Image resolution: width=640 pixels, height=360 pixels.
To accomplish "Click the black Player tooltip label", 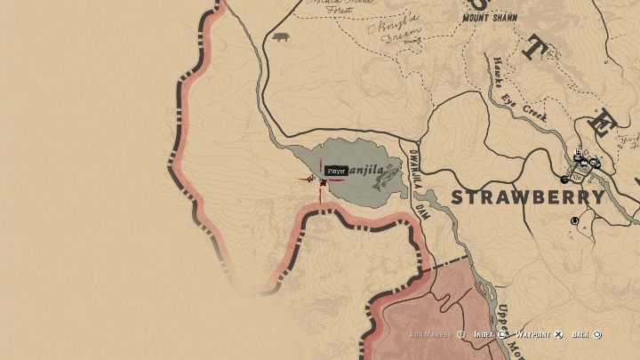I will click(x=336, y=171).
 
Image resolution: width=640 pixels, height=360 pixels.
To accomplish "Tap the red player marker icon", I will click(x=323, y=182).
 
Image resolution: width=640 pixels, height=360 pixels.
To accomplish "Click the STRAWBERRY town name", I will click(x=528, y=197).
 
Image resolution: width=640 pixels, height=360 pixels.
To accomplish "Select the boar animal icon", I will click(x=282, y=37).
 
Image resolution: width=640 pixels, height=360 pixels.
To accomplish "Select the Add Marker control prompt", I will click(x=432, y=335).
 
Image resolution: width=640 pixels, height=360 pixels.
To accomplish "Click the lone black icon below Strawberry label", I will click(x=575, y=220).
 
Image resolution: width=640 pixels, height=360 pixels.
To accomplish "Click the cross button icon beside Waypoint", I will click(x=558, y=335).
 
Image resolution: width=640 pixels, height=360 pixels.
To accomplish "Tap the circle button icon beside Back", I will click(x=597, y=335).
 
